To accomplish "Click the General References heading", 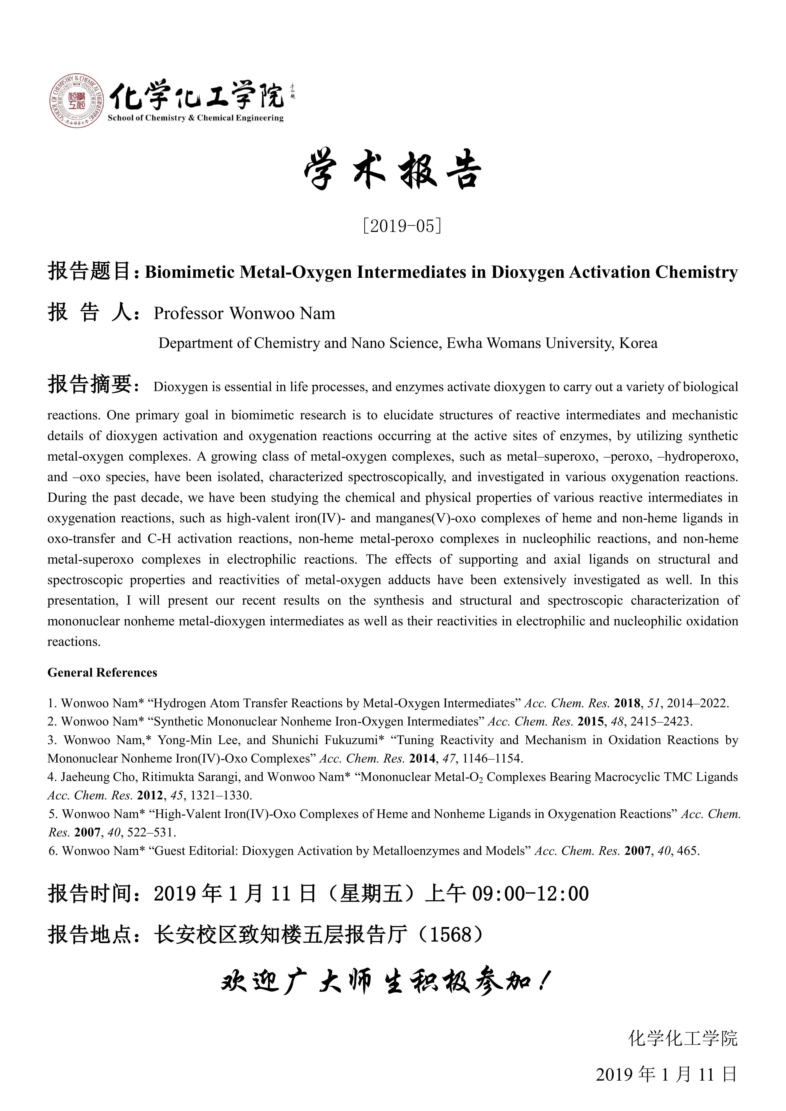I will click(x=102, y=673).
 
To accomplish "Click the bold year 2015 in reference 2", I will click(x=590, y=721).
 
